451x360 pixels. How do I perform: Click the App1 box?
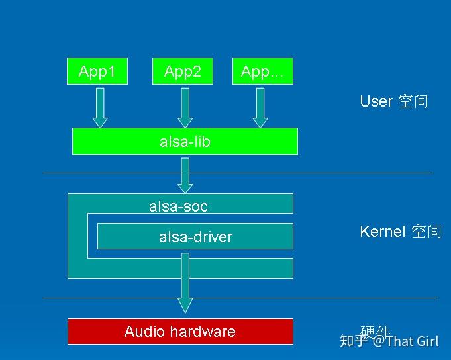pos(97,71)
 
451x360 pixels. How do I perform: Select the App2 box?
pos(183,71)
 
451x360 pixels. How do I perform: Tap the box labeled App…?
pos(262,71)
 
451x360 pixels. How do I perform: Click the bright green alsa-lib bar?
pos(185,142)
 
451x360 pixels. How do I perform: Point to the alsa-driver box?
pos(195,236)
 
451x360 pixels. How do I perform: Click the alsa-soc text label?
pos(178,206)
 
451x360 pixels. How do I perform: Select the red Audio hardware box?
pos(180,332)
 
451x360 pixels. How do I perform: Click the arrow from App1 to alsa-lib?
pos(100,107)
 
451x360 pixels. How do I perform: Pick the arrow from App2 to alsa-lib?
pos(185,107)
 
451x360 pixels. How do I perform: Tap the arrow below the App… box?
pos(260,107)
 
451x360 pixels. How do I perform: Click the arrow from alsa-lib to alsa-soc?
pos(185,175)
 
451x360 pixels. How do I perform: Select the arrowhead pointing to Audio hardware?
pos(185,304)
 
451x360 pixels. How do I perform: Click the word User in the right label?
pos(376,101)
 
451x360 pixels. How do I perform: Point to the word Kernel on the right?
pos(382,232)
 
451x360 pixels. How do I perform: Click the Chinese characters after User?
pos(413,101)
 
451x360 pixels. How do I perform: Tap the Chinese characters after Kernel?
pos(426,232)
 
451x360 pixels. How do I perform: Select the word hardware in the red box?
pos(200,332)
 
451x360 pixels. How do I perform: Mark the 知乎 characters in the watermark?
pos(353,341)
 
